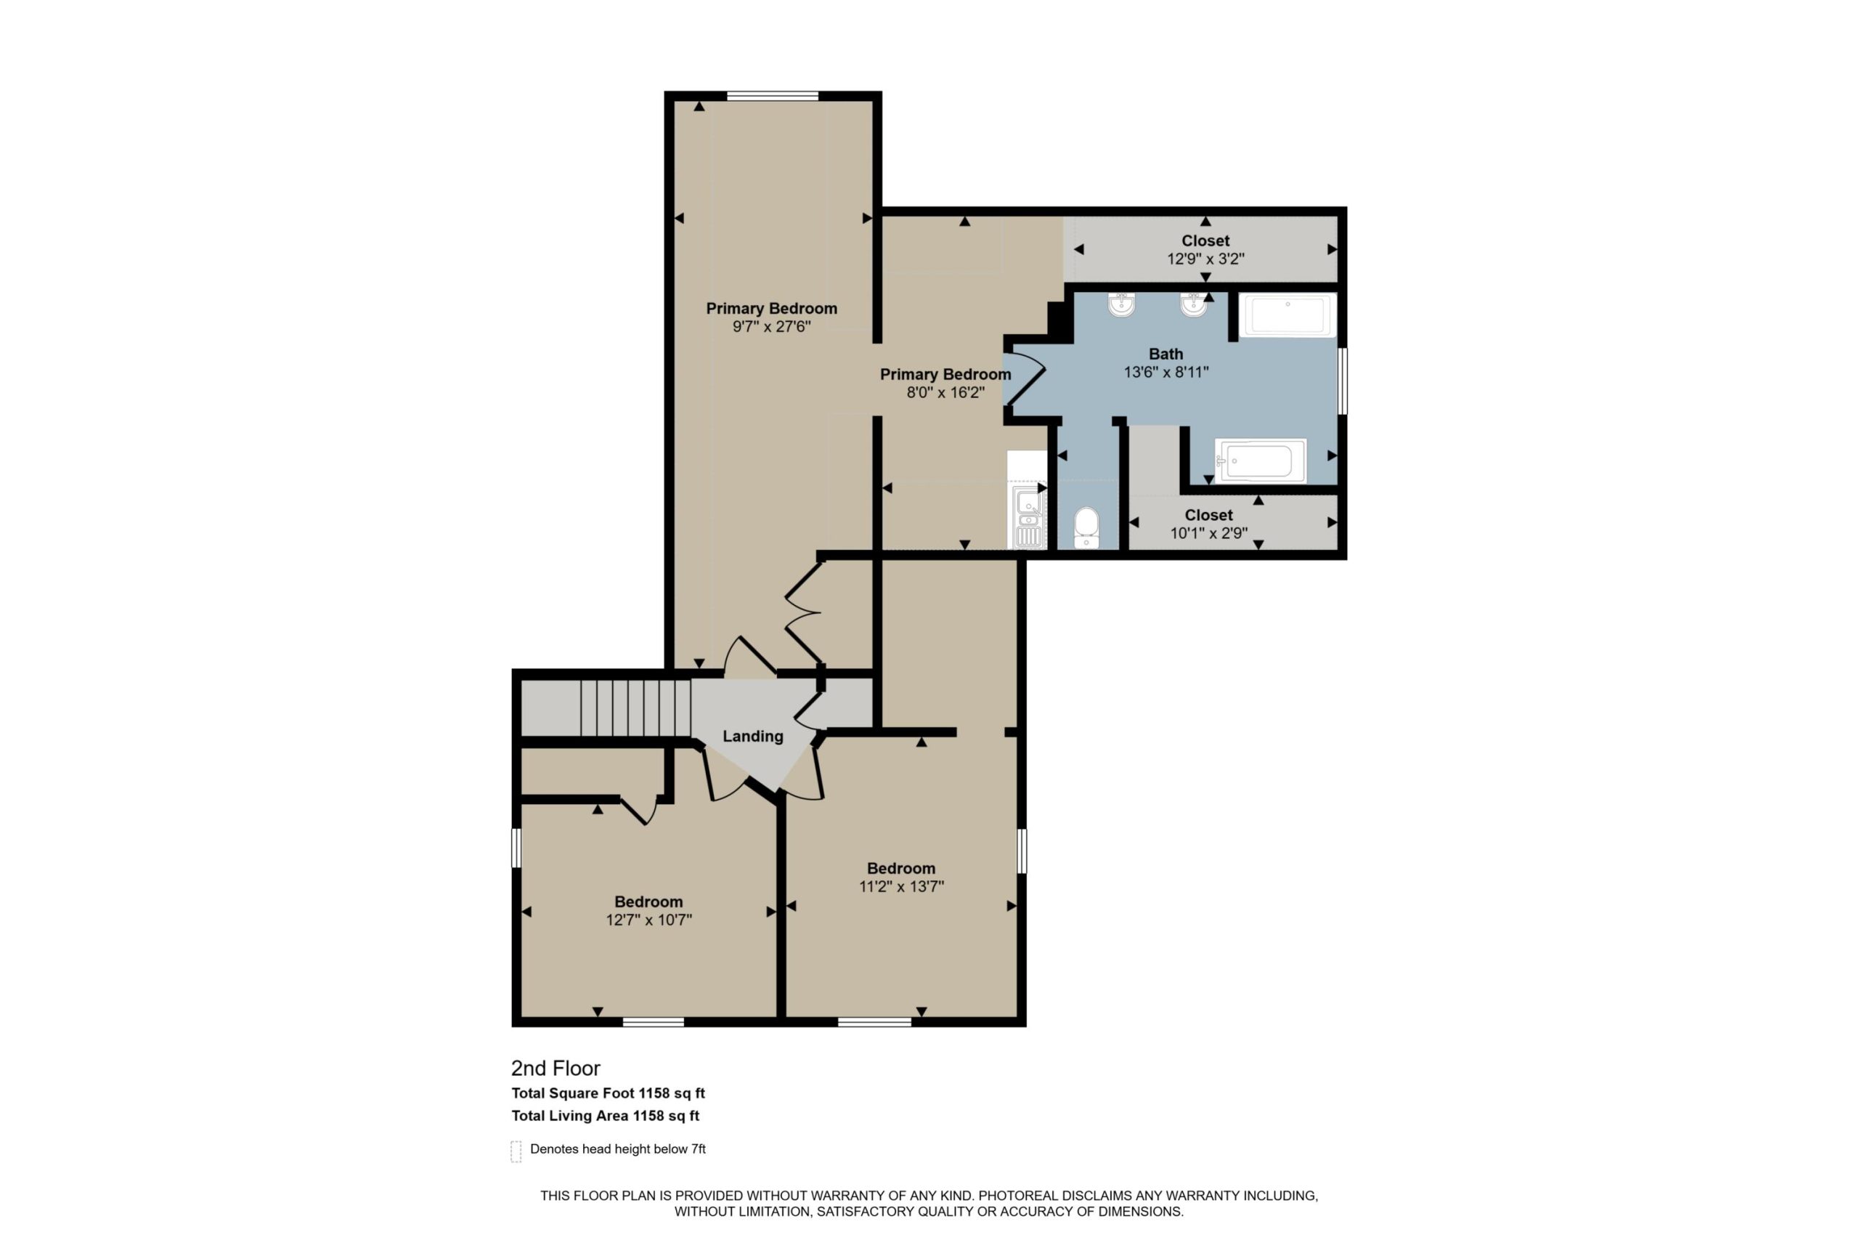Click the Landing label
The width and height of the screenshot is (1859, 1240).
(x=752, y=737)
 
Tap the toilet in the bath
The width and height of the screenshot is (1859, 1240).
(x=1087, y=527)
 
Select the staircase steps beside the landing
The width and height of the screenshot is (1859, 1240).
(x=635, y=708)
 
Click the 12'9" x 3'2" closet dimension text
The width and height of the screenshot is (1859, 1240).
(x=1205, y=259)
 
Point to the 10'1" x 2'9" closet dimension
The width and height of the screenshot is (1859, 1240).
(x=1208, y=533)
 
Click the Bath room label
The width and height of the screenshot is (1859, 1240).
(x=1166, y=354)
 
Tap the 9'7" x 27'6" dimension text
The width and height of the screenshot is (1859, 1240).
(x=771, y=327)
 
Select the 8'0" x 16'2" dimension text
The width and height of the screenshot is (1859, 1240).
(x=945, y=392)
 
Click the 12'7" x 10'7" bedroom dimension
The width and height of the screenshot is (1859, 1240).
(x=649, y=920)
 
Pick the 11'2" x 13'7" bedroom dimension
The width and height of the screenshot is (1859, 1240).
(x=901, y=886)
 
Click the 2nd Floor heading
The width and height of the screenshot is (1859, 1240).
(x=556, y=1069)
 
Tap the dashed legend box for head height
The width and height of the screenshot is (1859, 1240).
(x=516, y=1151)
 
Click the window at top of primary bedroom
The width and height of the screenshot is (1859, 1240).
(x=772, y=97)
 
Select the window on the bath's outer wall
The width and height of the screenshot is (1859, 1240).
(x=1342, y=381)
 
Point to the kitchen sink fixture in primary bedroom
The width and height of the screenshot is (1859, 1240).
(x=1028, y=516)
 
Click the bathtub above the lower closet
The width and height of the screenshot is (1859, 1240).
(x=1260, y=461)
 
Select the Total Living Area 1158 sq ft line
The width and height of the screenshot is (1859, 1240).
(x=606, y=1116)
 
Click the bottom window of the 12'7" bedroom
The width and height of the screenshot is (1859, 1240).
(x=653, y=1022)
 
